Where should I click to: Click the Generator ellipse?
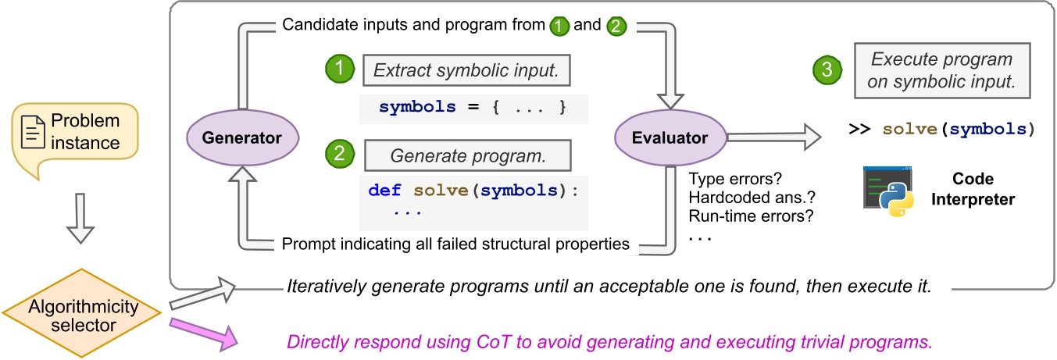(242, 138)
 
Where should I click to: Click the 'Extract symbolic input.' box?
(467, 72)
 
